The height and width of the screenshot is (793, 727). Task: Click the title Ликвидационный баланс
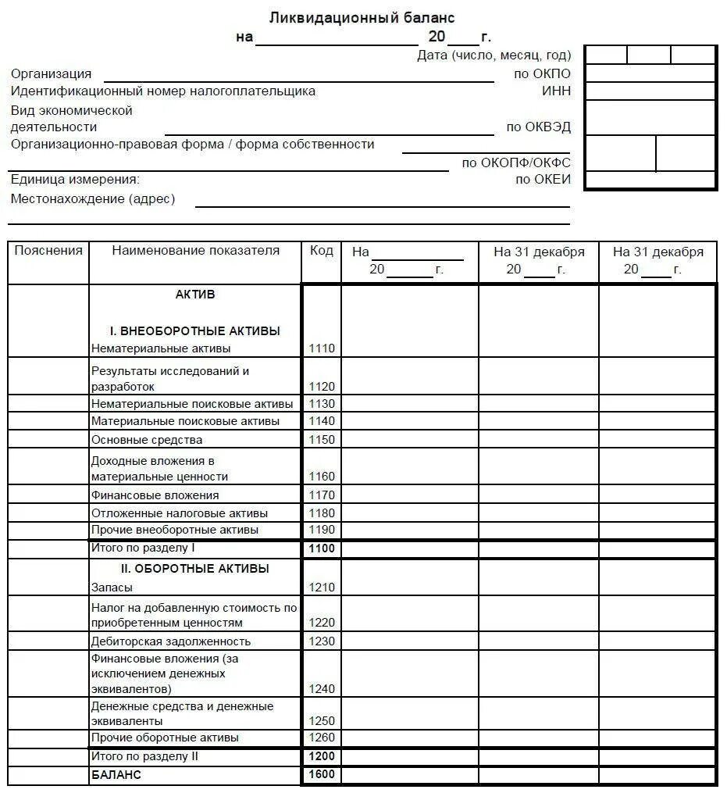click(362, 17)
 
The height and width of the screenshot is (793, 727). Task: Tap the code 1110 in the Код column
click(322, 348)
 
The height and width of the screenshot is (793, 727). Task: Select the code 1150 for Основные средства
click(322, 440)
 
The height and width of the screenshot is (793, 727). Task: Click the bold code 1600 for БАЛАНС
click(322, 775)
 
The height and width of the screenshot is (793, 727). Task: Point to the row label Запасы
click(112, 588)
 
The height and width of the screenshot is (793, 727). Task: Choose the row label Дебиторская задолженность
click(171, 641)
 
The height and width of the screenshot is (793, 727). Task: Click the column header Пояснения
click(48, 251)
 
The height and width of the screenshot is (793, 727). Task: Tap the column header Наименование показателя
click(195, 251)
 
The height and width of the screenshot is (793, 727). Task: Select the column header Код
click(322, 251)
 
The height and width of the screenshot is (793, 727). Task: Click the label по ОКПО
click(542, 74)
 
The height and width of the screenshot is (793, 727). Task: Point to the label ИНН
click(556, 91)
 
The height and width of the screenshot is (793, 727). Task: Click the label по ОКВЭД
click(538, 127)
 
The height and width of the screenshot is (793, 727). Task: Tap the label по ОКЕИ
click(542, 180)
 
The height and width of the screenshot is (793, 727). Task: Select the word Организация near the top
click(51, 74)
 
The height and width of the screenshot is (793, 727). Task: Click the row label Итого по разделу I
click(143, 548)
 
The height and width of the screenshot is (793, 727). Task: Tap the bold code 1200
click(322, 757)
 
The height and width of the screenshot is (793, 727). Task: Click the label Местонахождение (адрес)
click(93, 199)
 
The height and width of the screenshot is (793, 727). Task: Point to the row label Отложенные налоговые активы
click(180, 513)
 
